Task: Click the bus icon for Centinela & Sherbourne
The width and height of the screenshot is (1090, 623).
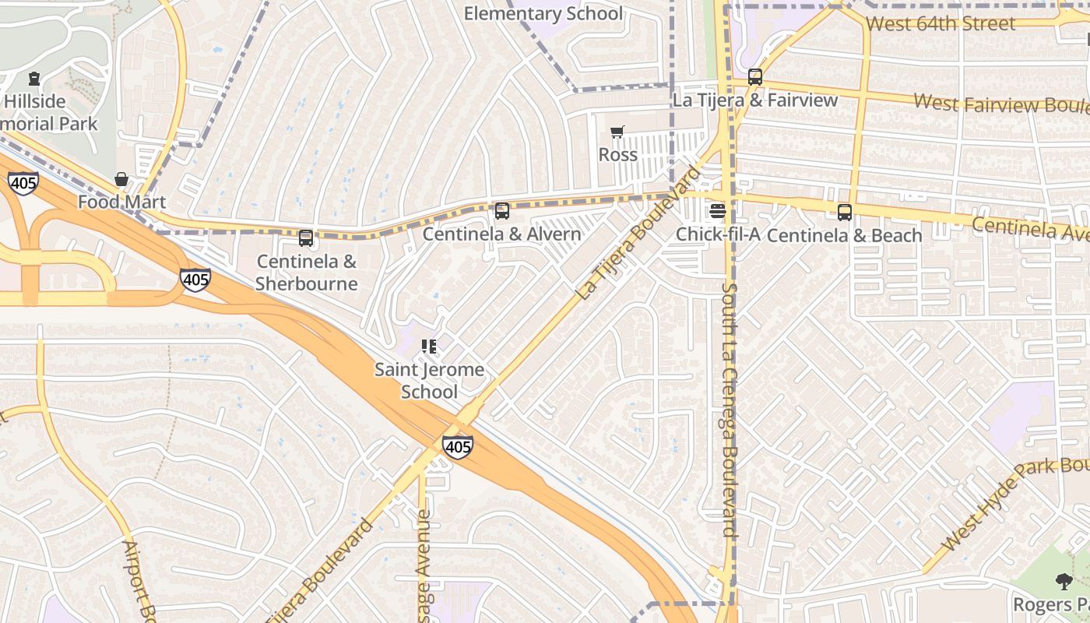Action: (306, 238)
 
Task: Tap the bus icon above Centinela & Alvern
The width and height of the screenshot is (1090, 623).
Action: (502, 210)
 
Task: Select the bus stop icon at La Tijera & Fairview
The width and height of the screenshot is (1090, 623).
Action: (754, 77)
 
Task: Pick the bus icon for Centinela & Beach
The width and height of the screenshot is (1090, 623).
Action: (845, 212)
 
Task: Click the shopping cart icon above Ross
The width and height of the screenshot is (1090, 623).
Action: (617, 132)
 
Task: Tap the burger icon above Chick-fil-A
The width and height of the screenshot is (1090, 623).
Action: (717, 211)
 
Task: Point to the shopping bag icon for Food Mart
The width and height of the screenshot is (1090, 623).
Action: (121, 180)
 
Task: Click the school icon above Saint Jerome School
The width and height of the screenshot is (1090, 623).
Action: (429, 346)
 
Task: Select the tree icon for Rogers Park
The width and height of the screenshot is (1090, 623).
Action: (1064, 581)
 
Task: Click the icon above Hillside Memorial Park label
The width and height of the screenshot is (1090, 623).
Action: (34, 79)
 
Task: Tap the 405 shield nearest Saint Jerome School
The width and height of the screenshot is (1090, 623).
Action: (457, 446)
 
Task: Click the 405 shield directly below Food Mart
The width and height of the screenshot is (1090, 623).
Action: (195, 279)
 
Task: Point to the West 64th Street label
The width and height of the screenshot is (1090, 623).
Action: (941, 23)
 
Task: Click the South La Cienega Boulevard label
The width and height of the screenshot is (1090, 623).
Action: (729, 410)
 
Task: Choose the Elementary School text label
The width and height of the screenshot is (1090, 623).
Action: (543, 13)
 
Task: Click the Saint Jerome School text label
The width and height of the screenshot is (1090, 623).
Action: (429, 380)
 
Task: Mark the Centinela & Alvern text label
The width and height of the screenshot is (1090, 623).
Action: (502, 234)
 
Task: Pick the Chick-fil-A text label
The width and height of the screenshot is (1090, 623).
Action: (717, 234)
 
